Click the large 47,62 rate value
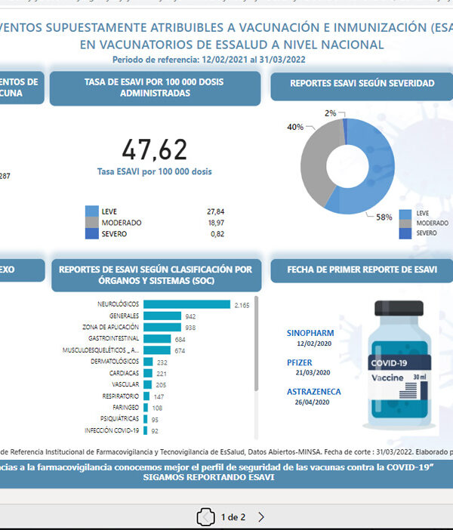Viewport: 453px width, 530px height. tap(154, 149)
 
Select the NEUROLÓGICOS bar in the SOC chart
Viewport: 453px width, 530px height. tap(186, 304)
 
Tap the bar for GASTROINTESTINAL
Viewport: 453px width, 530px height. tap(158, 339)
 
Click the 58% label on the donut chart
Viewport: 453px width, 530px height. tap(384, 217)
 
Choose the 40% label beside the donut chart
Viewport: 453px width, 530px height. tap(294, 127)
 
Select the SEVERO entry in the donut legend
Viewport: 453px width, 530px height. tap(427, 233)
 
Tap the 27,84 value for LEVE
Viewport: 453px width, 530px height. tap(215, 212)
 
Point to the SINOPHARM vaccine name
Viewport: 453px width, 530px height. tap(310, 333)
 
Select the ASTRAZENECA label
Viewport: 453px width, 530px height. tap(313, 392)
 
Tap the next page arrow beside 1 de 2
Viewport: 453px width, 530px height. tap(261, 517)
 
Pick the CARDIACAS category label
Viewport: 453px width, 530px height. tap(124, 373)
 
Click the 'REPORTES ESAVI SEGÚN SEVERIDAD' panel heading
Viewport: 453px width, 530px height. tap(362, 84)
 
